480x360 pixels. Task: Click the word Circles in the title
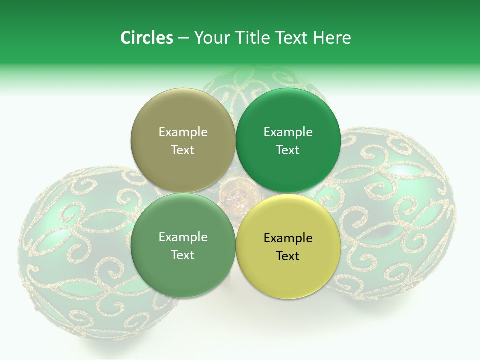tap(146, 38)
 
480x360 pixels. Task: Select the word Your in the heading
tap(210, 38)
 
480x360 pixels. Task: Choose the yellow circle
tap(288, 272)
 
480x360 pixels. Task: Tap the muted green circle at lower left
tap(183, 272)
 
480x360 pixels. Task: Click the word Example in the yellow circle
tap(288, 238)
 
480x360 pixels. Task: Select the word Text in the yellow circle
tap(288, 256)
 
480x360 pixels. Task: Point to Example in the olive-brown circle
tap(183, 132)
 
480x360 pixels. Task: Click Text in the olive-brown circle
tap(183, 150)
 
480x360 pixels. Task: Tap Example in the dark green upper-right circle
tap(288, 132)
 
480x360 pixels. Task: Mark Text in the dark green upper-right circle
tap(288, 150)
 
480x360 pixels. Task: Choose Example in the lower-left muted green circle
tap(183, 237)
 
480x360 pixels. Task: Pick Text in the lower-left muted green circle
tap(183, 255)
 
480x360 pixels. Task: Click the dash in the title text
tap(183, 38)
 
